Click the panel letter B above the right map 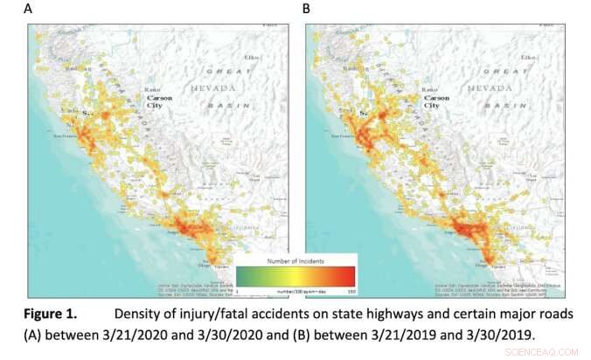(307, 9)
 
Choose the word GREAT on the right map (501, 70)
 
